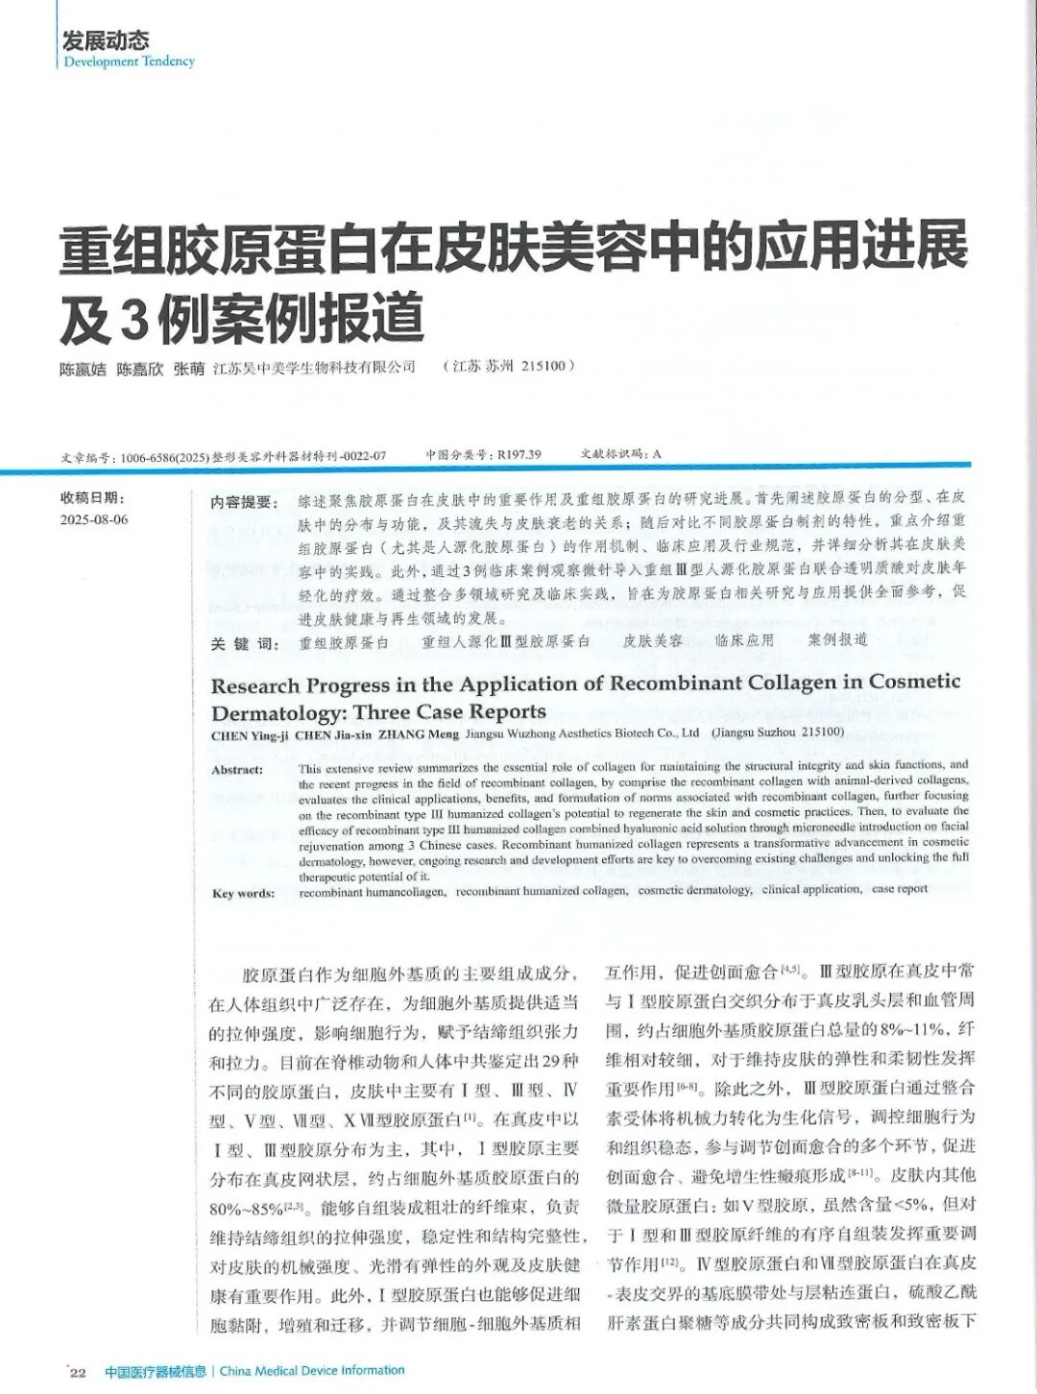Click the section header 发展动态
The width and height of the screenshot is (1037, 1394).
click(x=106, y=40)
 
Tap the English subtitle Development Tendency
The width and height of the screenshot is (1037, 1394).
click(x=129, y=61)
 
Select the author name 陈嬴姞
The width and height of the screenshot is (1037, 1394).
click(x=83, y=368)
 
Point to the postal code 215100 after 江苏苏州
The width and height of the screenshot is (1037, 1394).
click(x=545, y=366)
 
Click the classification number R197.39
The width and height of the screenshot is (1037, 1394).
click(x=518, y=454)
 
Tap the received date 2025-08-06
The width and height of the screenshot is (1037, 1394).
click(x=94, y=519)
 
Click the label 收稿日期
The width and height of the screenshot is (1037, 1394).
click(x=92, y=497)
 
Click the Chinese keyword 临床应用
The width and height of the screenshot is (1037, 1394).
click(x=744, y=640)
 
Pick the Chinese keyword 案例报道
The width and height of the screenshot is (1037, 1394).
click(x=837, y=639)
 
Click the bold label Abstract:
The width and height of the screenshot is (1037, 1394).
click(x=237, y=769)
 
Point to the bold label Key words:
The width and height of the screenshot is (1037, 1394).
click(x=243, y=893)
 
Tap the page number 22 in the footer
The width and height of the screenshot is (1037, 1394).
click(x=78, y=1372)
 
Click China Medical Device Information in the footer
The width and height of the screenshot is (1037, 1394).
click(x=312, y=1370)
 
